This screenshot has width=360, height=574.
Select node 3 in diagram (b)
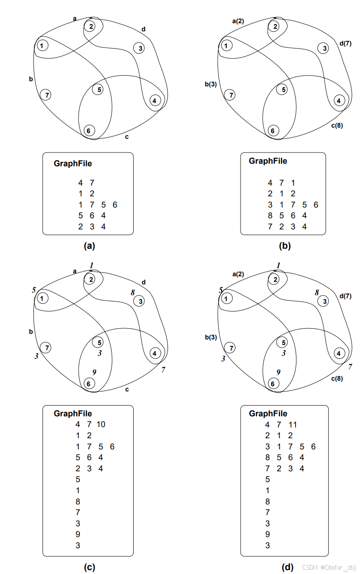click(x=324, y=48)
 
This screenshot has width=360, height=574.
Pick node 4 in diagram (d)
click(x=339, y=353)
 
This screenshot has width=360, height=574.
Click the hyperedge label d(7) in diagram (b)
click(x=345, y=43)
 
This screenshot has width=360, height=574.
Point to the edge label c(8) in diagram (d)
click(x=336, y=379)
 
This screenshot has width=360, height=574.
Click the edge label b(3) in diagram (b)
click(x=211, y=84)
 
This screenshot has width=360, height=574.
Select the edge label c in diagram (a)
click(x=126, y=137)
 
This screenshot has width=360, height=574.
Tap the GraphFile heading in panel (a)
click(x=73, y=163)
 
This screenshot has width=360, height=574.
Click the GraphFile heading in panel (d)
click(x=268, y=414)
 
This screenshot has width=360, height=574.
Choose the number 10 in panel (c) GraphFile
click(x=101, y=424)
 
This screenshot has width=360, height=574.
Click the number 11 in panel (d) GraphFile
click(x=293, y=425)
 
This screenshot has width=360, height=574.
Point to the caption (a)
click(x=89, y=246)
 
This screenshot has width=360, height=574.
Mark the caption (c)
click(x=89, y=567)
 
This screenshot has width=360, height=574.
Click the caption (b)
click(x=284, y=246)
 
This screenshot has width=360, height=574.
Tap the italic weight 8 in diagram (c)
click(x=133, y=293)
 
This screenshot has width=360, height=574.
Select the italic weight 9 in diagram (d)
click(x=278, y=372)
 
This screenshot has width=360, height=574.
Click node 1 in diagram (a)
click(x=42, y=45)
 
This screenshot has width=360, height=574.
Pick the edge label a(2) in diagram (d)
click(x=238, y=274)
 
